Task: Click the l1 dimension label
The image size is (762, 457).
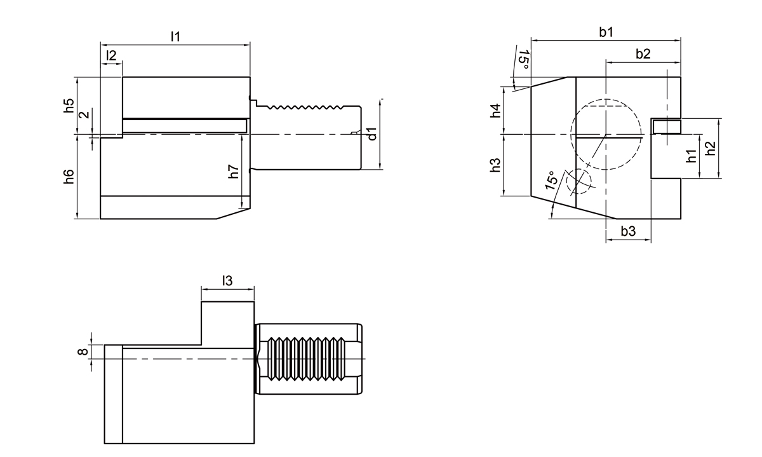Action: pyautogui.click(x=175, y=37)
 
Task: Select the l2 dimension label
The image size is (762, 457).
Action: pyautogui.click(x=111, y=55)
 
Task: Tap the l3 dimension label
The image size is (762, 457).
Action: pyautogui.click(x=227, y=280)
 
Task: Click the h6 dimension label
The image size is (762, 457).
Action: pyautogui.click(x=69, y=177)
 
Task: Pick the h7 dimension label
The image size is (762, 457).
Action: pyautogui.click(x=234, y=170)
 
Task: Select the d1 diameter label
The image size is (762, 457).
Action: pyautogui.click(x=373, y=134)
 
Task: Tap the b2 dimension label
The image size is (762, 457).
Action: pyautogui.click(x=643, y=54)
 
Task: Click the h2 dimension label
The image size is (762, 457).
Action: pyautogui.click(x=711, y=148)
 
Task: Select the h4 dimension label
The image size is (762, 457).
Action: pyautogui.click(x=497, y=110)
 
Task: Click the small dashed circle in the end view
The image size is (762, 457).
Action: pyautogui.click(x=578, y=181)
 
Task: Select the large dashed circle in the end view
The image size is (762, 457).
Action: pyautogui.click(x=607, y=135)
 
